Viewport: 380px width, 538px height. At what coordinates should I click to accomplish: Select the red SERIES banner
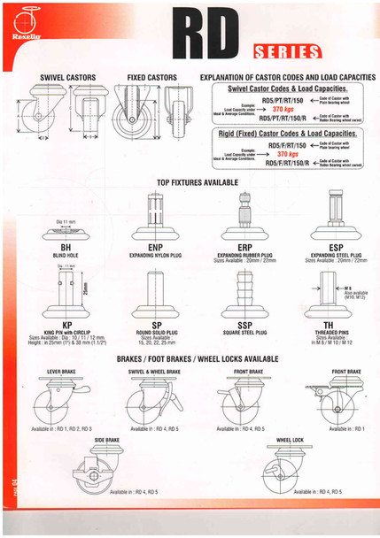285,50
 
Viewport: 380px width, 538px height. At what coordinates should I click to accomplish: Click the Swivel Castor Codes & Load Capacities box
287,89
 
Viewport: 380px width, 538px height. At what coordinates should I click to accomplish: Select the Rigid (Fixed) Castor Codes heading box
287,133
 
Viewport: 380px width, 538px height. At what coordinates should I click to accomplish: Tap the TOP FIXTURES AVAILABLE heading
198,181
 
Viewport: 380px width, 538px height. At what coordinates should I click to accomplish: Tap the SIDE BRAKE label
106,439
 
